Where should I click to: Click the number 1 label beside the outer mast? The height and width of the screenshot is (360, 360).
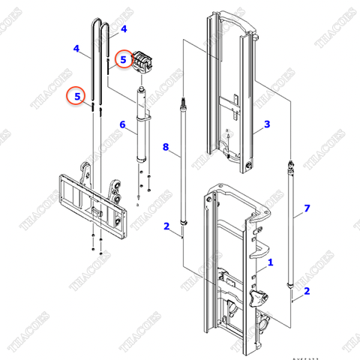[x=271, y=263]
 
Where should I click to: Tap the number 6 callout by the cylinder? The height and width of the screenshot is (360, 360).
[x=122, y=124]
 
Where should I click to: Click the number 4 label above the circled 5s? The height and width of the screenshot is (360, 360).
[x=124, y=29]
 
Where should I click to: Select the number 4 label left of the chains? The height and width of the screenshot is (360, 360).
[x=76, y=49]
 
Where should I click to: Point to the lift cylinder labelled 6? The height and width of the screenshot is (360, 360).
[x=141, y=127]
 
